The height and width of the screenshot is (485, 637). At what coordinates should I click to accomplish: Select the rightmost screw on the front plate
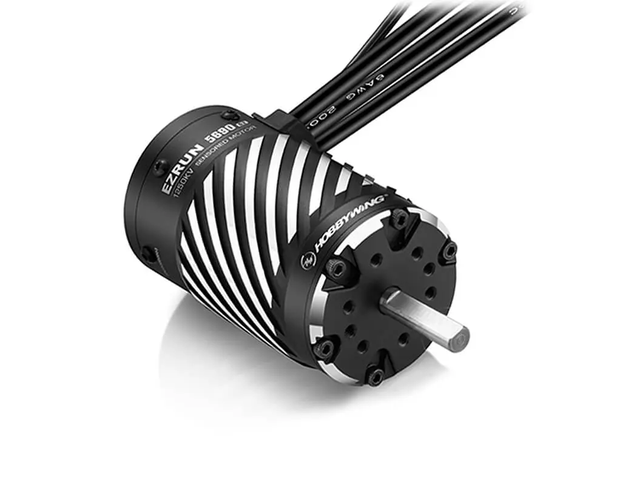(449, 250)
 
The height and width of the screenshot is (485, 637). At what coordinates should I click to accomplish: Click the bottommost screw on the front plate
(374, 377)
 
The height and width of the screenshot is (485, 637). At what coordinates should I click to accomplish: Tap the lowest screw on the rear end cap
(147, 254)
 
